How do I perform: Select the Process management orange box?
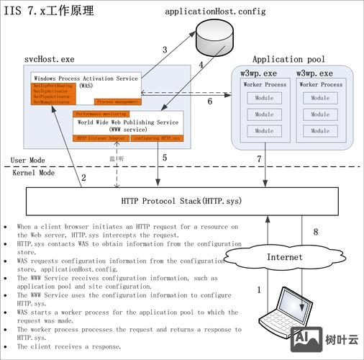118,102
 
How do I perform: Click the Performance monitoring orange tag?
101,114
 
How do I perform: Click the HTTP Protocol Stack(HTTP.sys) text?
181,201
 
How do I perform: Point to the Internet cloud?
281,256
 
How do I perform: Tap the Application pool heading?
288,59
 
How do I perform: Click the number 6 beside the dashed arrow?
210,102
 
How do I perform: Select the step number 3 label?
164,50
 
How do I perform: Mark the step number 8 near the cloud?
314,232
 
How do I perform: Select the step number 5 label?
165,157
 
